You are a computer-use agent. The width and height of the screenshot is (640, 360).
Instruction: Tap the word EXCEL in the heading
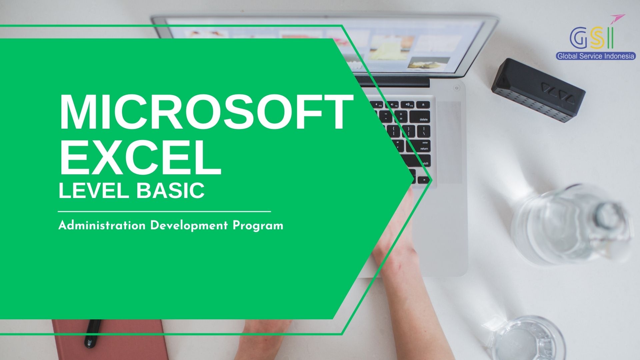[140, 158]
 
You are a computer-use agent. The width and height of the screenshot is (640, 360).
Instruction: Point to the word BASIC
[170, 190]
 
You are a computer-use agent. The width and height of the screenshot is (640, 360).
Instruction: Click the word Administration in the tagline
[102, 226]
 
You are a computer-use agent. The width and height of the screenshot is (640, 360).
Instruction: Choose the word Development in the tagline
[189, 226]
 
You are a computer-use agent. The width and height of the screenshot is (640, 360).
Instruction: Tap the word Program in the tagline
[258, 226]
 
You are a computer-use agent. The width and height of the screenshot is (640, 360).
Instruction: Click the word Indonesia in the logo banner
[619, 56]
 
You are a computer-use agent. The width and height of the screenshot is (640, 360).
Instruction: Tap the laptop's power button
[456, 88]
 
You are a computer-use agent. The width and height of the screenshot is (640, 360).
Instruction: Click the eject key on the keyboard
[423, 105]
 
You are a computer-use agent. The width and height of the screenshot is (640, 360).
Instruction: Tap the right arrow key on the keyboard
[424, 180]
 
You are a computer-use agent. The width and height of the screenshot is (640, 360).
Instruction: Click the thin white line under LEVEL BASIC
[164, 211]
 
